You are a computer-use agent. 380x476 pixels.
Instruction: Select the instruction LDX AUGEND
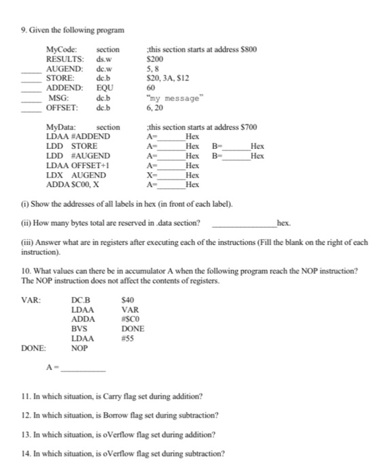pos(75,175)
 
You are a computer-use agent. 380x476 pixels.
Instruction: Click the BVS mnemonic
pos(79,328)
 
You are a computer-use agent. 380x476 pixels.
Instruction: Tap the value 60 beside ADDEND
pos(151,88)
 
